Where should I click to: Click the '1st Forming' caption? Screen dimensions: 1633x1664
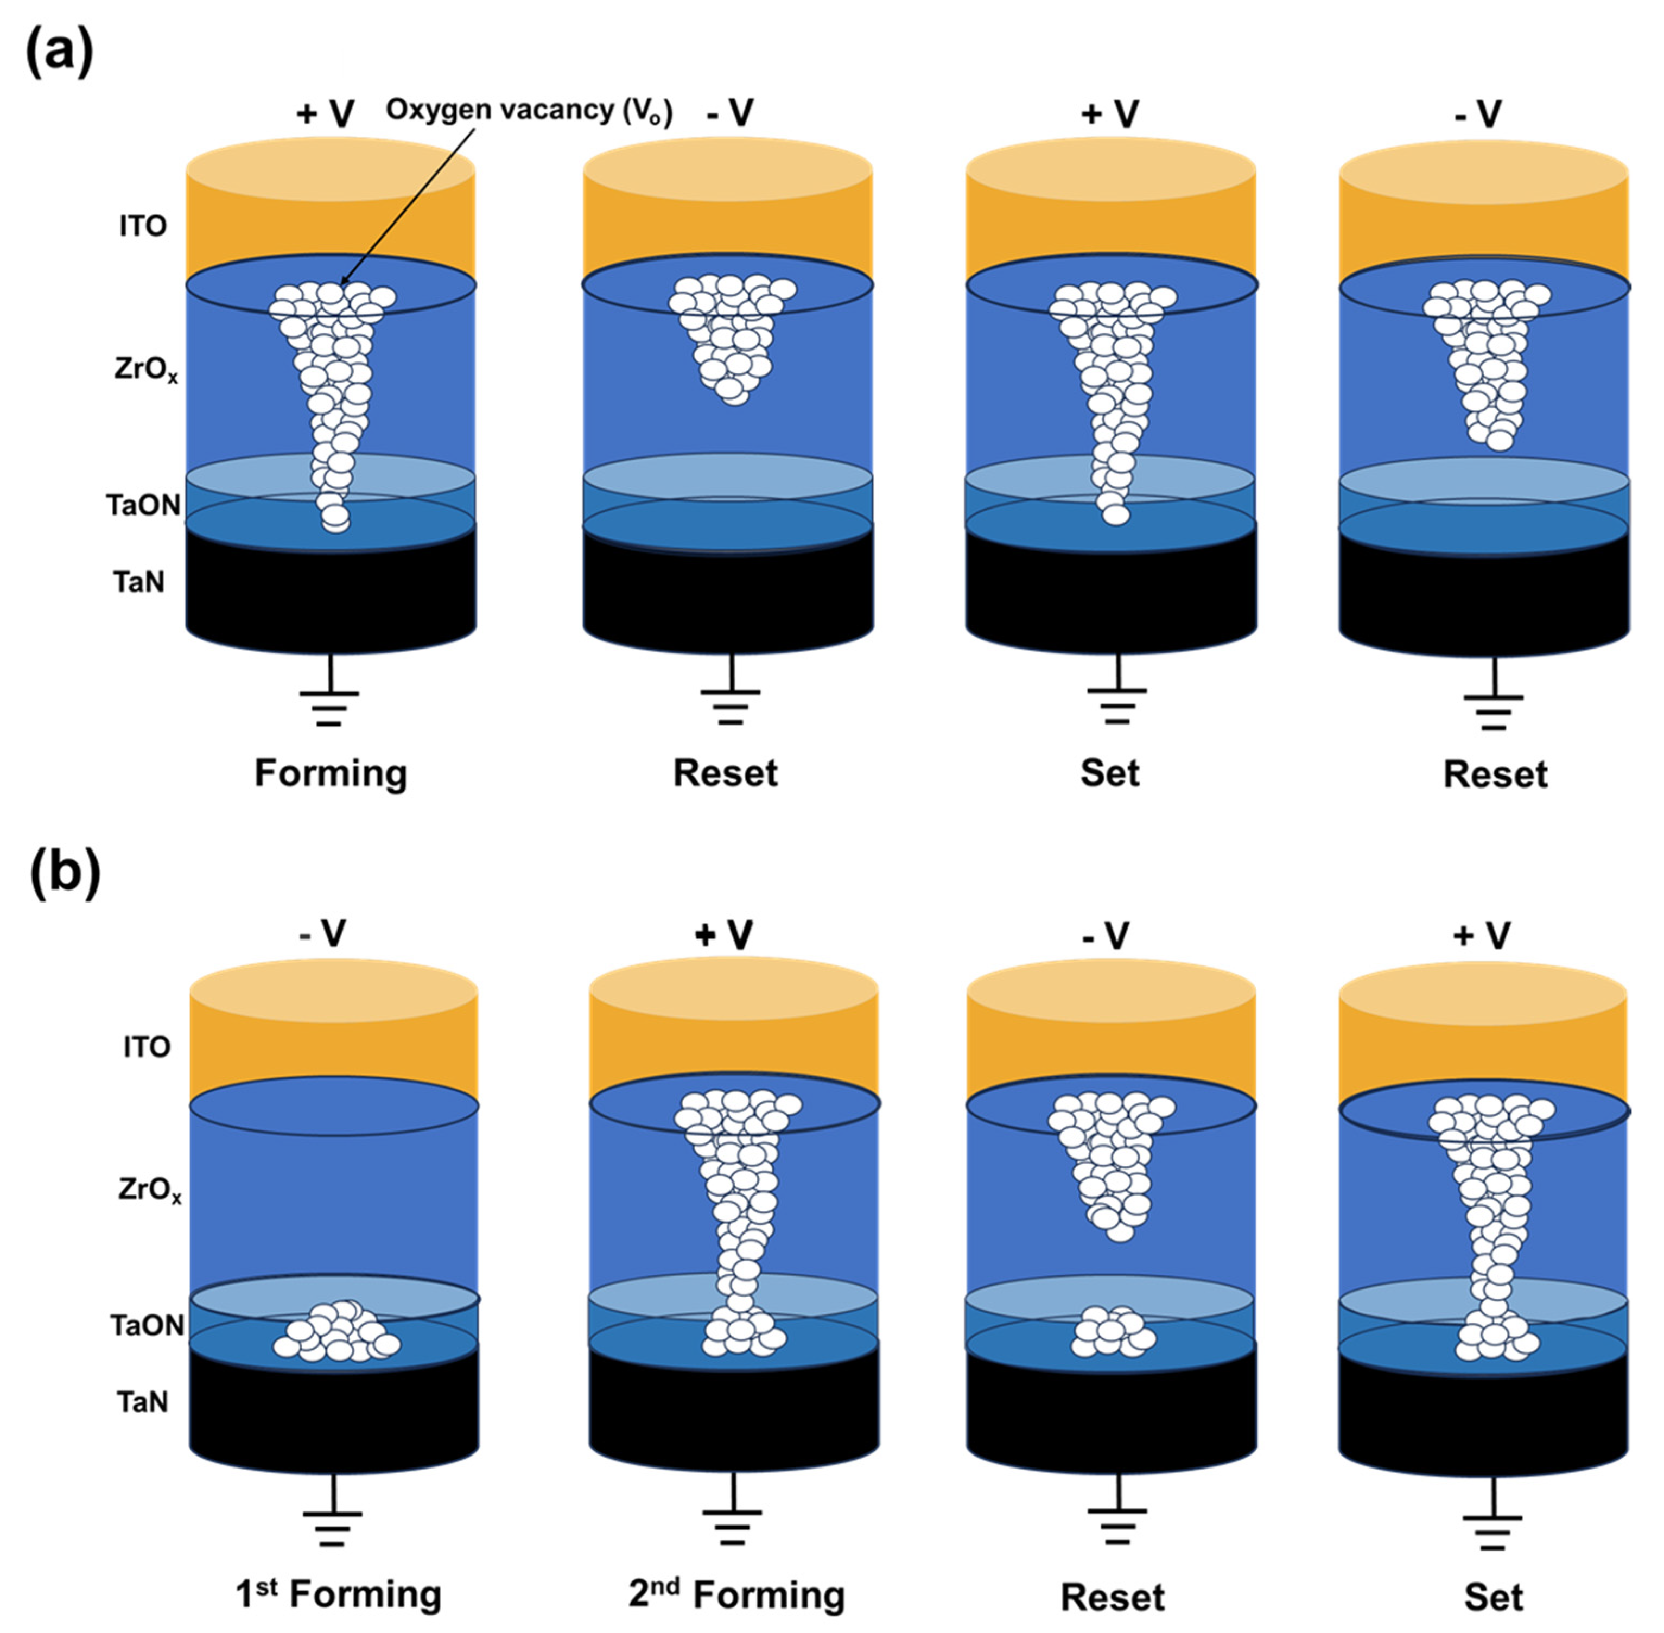tap(339, 1594)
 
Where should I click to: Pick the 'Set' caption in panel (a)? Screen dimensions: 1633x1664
tap(1110, 773)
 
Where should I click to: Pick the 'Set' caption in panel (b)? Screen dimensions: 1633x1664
tap(1493, 1597)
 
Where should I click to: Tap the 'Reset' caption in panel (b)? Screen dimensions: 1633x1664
tap(1113, 1597)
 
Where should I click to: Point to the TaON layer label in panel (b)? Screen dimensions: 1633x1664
tap(148, 1326)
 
